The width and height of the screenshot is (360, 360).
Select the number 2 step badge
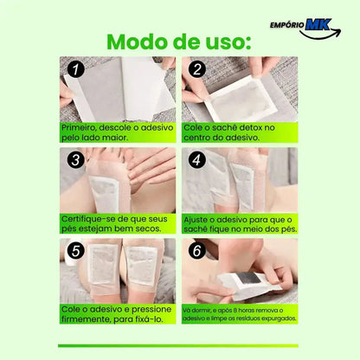point(197,70)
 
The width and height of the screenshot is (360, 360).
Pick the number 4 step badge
point(197,160)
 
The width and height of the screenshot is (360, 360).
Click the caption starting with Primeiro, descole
point(117,131)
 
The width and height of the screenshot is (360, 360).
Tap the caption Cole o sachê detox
point(240,131)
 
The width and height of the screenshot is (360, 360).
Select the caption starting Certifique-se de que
point(117,222)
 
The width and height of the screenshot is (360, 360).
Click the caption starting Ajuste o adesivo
point(240,222)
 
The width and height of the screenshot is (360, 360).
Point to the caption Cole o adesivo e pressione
point(117,312)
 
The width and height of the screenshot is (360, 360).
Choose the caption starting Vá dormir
point(240,312)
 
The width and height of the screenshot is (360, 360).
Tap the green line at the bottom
point(180,346)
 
